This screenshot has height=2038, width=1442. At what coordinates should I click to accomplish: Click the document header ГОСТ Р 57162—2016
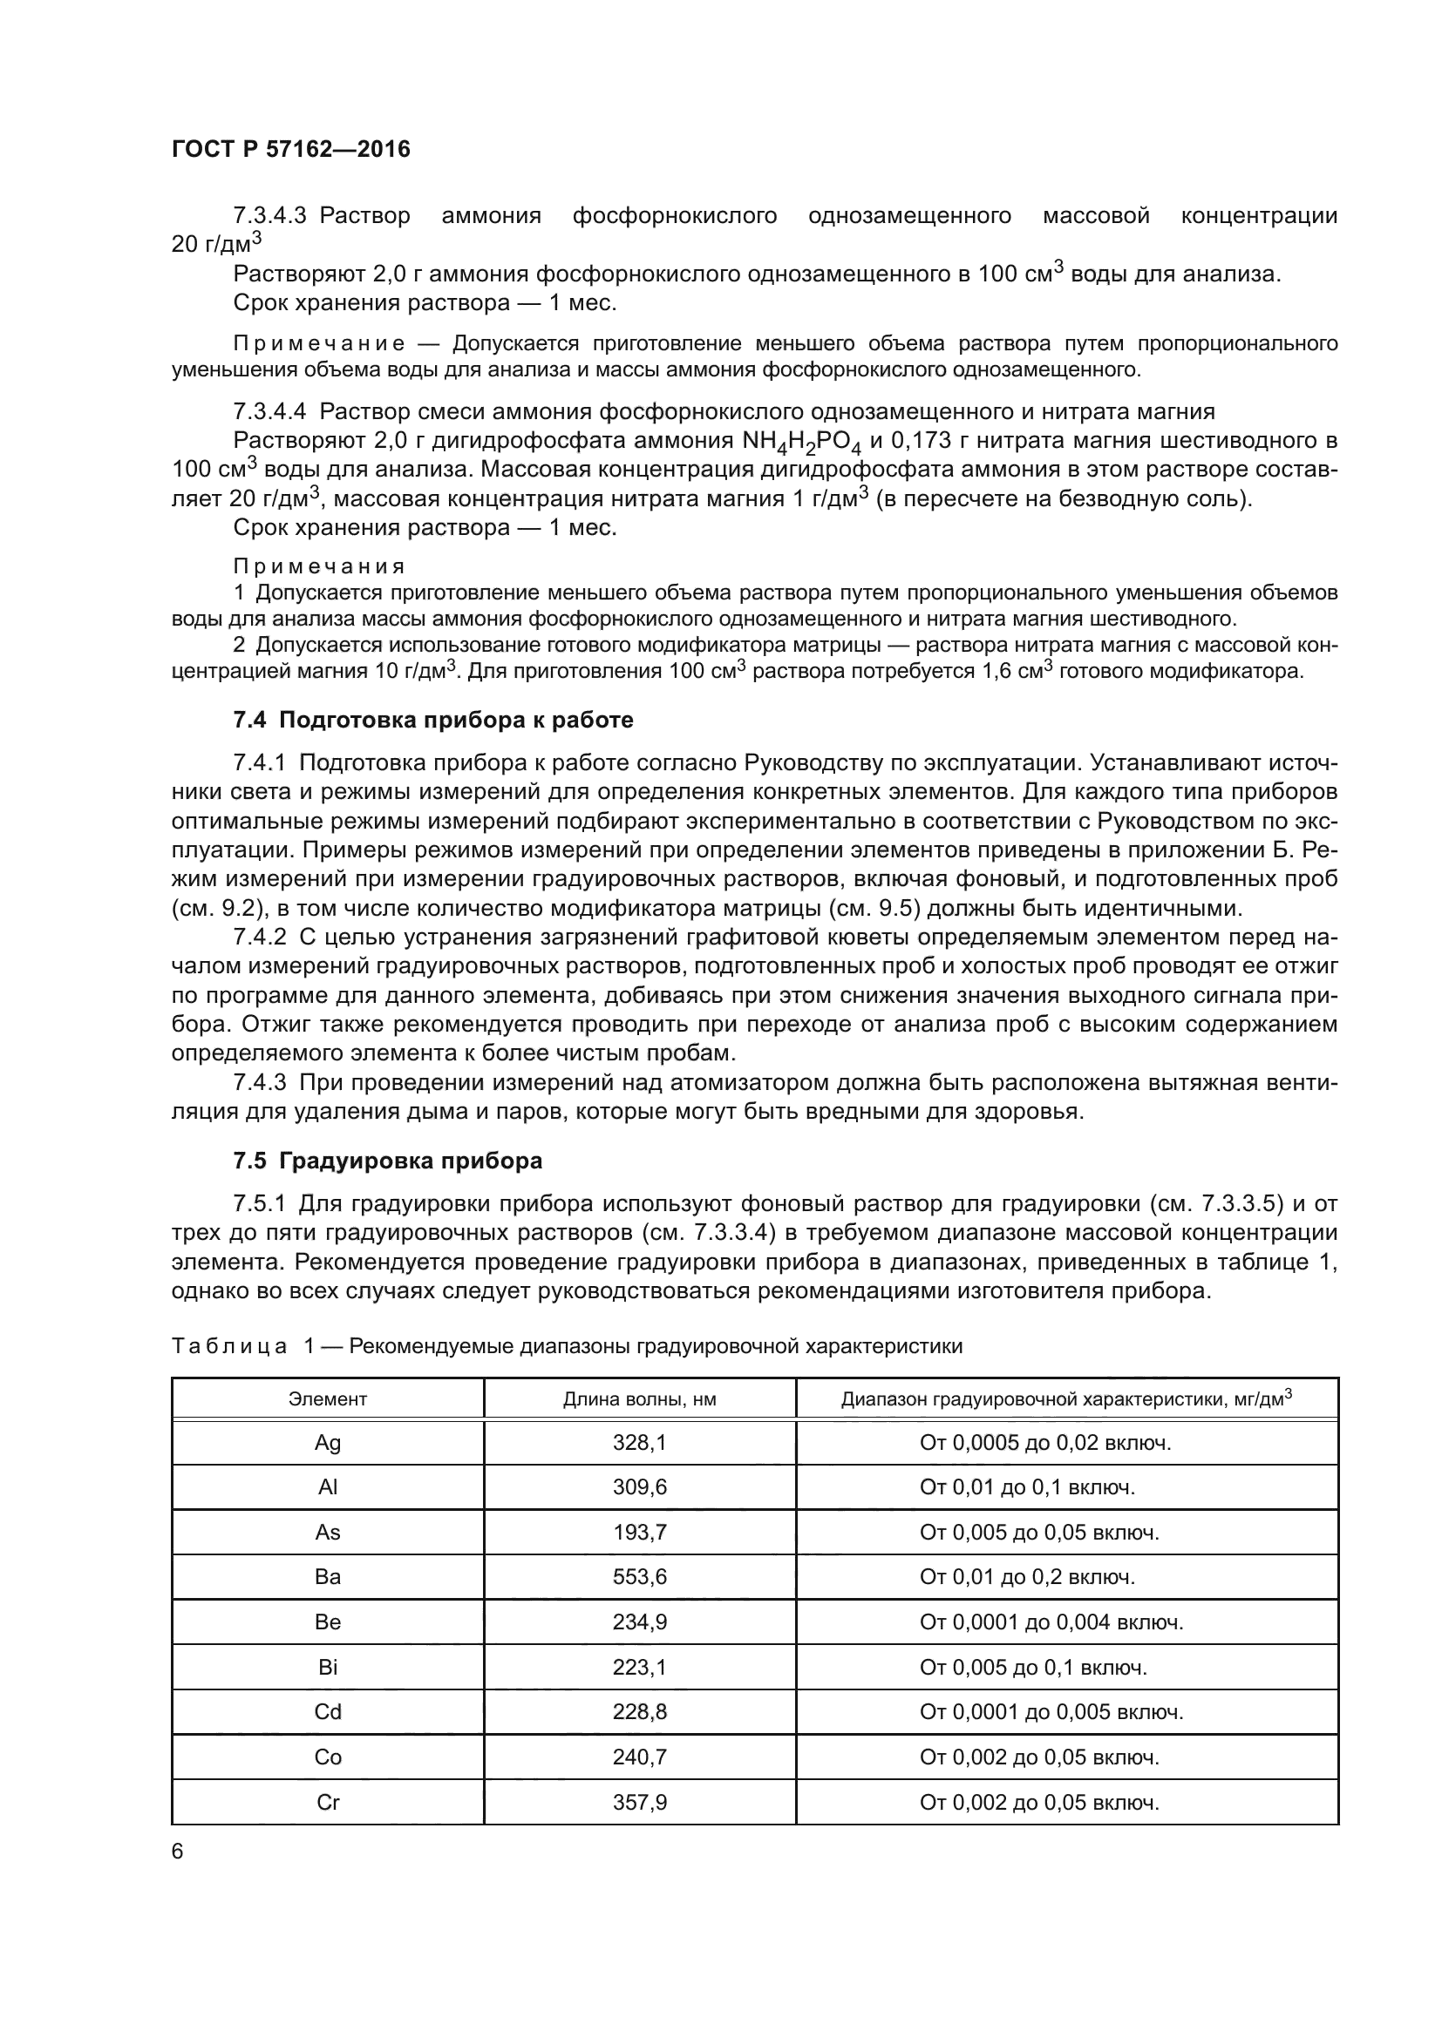coord(291,149)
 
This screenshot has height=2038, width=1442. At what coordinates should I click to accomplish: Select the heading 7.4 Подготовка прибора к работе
coord(433,720)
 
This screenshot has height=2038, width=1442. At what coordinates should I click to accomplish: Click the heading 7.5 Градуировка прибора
coord(387,1160)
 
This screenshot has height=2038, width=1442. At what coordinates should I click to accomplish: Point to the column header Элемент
coord(328,1400)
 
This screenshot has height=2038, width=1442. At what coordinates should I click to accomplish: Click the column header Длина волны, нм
coord(639,1400)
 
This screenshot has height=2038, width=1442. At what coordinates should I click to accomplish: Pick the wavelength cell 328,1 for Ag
coord(639,1443)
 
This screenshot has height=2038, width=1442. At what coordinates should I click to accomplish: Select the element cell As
coord(328,1533)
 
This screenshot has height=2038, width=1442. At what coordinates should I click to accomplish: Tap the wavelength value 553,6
coord(639,1577)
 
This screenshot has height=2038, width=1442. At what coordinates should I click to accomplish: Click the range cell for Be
coord(1051,1622)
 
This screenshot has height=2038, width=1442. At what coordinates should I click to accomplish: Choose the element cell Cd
coord(328,1712)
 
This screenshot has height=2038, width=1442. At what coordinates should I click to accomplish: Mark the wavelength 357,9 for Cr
coord(639,1803)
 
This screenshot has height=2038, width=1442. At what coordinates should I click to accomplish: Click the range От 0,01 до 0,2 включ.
coord(1027,1577)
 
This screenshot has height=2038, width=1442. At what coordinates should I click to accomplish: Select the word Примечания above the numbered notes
coord(319,566)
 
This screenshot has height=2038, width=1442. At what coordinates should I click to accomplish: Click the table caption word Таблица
coord(229,1346)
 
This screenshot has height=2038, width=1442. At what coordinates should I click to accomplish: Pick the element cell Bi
coord(328,1668)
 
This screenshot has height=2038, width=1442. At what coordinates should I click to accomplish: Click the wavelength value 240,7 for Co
coord(639,1757)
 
